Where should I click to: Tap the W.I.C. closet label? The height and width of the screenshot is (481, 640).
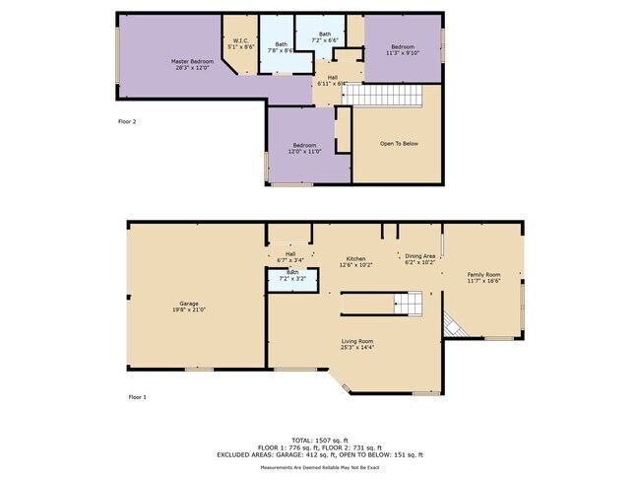240,43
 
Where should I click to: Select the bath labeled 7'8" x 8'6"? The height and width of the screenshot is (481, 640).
282,48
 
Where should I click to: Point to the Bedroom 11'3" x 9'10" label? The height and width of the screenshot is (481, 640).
403,50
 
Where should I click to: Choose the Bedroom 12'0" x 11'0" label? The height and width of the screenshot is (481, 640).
303,149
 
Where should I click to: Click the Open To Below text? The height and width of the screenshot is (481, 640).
399,144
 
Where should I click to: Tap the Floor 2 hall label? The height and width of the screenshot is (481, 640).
332,81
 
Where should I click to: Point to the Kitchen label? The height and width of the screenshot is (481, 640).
355,261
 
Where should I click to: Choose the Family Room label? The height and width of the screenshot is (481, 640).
483,277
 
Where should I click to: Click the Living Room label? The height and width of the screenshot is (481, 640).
357,343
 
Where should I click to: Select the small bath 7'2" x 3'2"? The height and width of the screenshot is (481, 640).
292,276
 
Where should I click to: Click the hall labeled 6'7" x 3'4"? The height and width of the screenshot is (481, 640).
290,257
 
